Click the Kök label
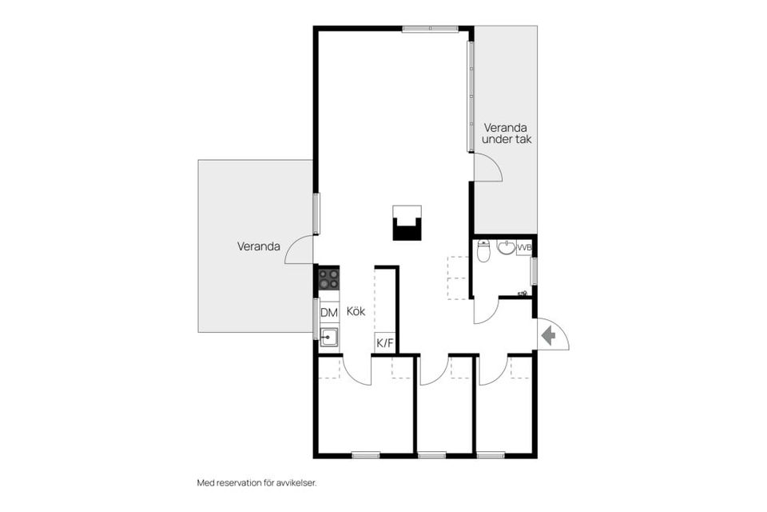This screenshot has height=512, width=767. (356, 312)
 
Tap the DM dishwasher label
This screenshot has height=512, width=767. (328, 312)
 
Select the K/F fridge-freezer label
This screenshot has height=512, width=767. (384, 343)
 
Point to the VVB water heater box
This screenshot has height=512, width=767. (524, 248)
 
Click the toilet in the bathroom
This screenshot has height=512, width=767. (482, 251)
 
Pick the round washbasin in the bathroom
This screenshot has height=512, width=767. (506, 247)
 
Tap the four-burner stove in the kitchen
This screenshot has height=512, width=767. (328, 278)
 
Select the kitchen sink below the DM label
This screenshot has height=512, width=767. (328, 336)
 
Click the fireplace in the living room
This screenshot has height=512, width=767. (407, 223)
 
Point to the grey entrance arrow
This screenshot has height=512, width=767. (548, 336)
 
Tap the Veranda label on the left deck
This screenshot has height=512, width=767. (258, 246)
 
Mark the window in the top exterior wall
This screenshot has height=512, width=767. (430, 29)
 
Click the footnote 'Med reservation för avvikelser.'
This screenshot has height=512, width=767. (262, 482)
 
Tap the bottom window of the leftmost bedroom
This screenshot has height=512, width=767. (365, 455)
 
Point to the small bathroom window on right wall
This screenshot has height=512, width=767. (535, 270)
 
